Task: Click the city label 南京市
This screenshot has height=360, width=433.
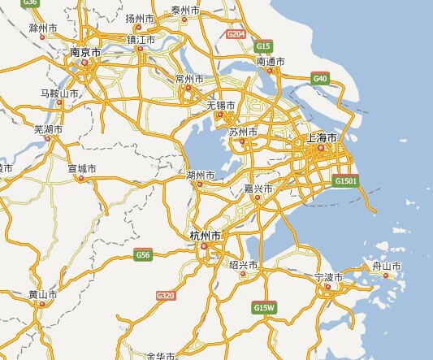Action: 85,52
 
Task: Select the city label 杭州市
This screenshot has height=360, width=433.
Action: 205,236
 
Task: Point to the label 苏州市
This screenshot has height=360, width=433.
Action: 242,132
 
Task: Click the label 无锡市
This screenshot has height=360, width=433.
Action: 220,106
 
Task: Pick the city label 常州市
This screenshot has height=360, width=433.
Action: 189,78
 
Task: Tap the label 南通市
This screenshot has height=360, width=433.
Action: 271,62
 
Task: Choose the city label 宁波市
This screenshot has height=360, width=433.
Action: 328,277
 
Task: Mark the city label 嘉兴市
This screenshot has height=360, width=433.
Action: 258,189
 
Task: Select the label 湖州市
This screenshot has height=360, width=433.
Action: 201,175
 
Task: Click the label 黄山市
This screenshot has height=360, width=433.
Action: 42,294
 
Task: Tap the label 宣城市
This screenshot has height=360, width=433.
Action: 81,168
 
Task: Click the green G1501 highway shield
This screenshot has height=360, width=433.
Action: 345,180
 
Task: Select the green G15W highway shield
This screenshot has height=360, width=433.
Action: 265,307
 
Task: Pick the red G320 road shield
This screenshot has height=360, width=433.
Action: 166,295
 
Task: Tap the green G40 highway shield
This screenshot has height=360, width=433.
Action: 320,78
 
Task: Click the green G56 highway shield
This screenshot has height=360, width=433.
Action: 143,255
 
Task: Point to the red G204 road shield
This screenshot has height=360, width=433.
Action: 236,34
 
